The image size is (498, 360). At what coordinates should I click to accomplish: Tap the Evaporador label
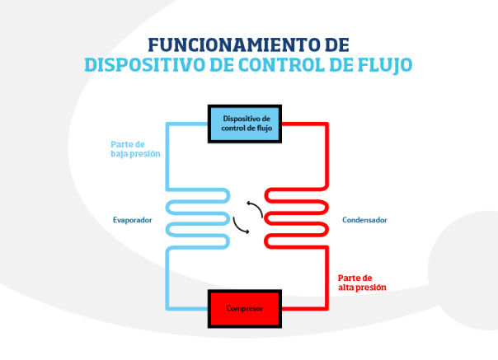(x=132, y=220)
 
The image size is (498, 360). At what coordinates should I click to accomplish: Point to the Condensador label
(x=364, y=220)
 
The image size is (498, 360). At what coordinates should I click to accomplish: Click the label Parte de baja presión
(x=135, y=149)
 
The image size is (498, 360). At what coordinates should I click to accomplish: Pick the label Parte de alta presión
(x=362, y=283)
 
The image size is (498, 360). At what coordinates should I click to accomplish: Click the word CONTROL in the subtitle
(x=279, y=64)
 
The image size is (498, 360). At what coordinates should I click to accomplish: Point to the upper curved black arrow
(x=254, y=209)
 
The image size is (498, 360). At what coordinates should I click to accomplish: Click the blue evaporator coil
(x=198, y=217)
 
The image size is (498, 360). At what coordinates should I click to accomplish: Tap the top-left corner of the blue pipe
(x=168, y=124)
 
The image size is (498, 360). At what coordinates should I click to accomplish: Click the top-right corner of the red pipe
(x=326, y=124)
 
